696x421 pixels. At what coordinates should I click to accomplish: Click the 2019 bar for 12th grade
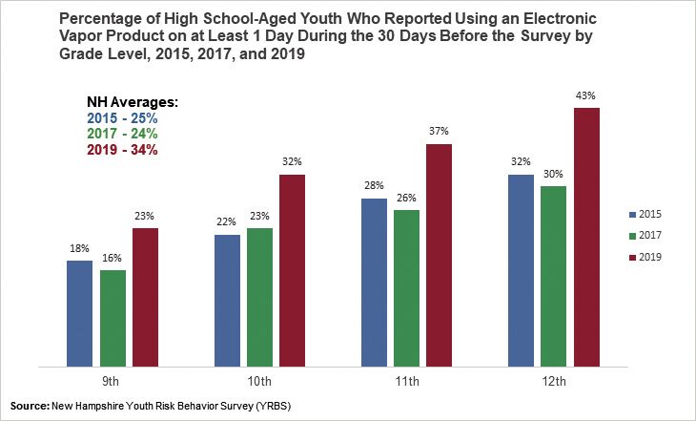(x=586, y=237)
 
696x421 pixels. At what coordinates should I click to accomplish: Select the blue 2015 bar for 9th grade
(x=80, y=312)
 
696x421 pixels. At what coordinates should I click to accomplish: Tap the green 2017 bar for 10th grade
(x=259, y=297)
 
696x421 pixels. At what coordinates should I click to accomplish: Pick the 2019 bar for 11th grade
(x=440, y=255)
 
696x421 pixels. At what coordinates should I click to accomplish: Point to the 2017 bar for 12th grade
(x=554, y=276)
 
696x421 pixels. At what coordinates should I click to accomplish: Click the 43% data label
(x=586, y=96)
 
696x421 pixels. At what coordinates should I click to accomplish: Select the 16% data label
(x=113, y=258)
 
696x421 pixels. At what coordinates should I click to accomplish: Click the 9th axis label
(x=113, y=382)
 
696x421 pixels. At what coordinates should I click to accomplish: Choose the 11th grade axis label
(x=407, y=382)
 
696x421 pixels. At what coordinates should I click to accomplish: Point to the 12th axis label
(x=554, y=382)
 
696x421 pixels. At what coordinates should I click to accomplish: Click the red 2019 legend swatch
(x=634, y=257)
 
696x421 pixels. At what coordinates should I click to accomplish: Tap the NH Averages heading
(x=127, y=102)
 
